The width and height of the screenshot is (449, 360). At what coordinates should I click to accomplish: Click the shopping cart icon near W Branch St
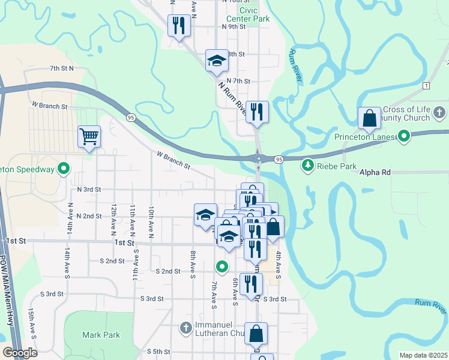[89, 136]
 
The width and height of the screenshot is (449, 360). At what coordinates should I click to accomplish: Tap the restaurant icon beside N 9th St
[179, 25]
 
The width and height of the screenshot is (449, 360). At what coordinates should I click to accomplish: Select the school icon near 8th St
[217, 60]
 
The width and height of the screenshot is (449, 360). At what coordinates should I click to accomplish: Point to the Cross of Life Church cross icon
[439, 112]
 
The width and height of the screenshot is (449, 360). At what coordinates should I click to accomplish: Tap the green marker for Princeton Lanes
[404, 137]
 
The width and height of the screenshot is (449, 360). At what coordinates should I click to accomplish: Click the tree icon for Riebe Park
[308, 164]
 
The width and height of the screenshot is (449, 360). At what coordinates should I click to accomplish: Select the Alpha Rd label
[375, 172]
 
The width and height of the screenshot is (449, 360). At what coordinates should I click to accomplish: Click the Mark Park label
[101, 335]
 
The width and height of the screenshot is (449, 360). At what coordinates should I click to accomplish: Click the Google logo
[20, 353]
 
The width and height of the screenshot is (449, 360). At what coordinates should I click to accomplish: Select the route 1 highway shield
[426, 86]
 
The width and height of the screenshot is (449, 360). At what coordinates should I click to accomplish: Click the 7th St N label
[61, 68]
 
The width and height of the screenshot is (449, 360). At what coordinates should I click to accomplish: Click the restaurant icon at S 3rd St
[251, 284]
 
